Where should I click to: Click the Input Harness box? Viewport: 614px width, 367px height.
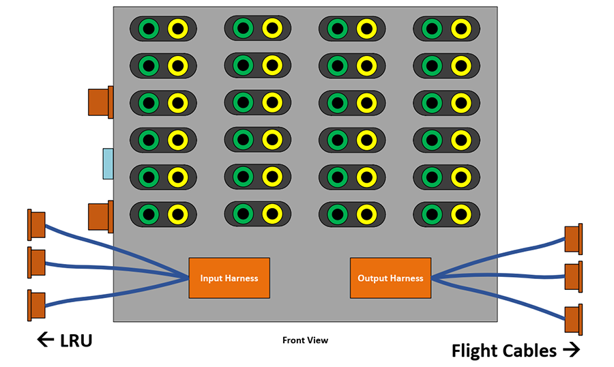pos(229,278)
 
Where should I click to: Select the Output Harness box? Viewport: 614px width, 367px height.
pos(390,278)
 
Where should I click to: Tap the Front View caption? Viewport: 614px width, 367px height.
pos(305,340)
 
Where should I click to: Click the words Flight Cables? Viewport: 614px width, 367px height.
pos(504,351)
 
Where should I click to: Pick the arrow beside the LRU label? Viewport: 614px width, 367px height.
pos(46,339)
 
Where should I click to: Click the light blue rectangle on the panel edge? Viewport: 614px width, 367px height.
pos(108,164)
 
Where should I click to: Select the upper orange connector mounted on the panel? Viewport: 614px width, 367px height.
pos(100,102)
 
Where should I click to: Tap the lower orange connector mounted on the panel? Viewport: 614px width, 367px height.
pos(100,216)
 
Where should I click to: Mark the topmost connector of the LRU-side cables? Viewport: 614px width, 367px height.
pos(35,225)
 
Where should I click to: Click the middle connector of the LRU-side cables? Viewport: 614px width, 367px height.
pos(35,263)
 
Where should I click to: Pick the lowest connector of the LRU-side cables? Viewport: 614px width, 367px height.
pos(35,306)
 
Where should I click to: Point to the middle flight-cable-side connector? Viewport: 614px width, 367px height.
pos(574,276)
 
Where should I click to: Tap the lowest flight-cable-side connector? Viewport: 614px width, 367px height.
pos(574,319)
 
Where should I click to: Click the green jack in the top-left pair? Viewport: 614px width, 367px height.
pos(149,29)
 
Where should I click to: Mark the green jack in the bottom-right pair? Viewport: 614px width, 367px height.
pos(432,214)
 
